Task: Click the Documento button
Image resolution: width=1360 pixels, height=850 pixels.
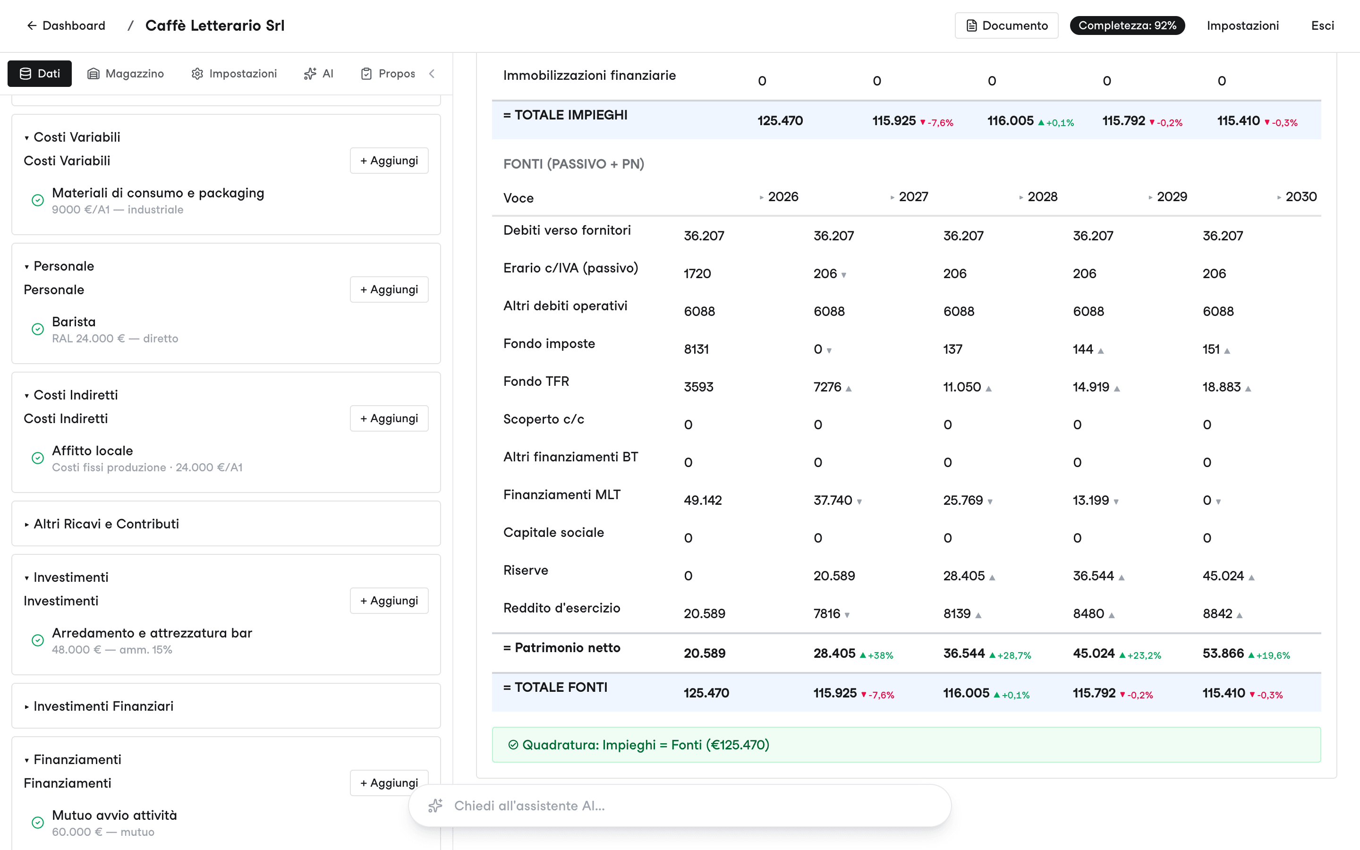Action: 1006,26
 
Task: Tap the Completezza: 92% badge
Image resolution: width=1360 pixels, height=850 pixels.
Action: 1127,26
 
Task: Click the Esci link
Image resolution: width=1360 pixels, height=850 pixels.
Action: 1322,26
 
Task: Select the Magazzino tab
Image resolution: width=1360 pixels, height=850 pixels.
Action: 126,74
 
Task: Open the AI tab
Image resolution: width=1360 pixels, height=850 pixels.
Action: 319,74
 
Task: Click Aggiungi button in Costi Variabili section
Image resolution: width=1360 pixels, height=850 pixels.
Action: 389,161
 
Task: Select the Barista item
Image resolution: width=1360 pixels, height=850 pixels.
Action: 74,322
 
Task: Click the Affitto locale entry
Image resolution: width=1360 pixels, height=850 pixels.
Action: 93,451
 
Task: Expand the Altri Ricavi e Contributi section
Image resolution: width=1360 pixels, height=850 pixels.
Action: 106,524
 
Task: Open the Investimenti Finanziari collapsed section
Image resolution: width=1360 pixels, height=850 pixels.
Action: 103,706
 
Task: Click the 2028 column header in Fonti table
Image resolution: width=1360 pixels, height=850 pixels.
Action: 1043,197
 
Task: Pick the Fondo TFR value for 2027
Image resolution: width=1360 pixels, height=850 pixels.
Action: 827,387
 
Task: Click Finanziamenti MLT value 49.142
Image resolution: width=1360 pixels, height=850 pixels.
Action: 703,501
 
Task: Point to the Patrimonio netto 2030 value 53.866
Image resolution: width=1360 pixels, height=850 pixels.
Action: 1224,653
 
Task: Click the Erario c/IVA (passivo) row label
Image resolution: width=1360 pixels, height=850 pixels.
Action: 570,268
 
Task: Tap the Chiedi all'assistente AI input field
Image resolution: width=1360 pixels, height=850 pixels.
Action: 680,806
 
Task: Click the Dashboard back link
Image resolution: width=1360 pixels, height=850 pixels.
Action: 66,26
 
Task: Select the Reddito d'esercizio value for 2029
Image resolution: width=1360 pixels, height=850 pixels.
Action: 1088,614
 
